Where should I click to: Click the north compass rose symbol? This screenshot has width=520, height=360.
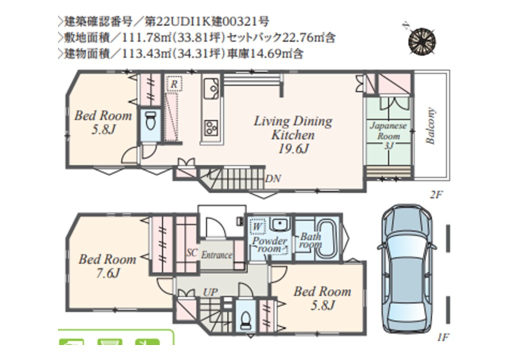(422, 41)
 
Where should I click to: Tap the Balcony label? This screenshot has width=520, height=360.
(430, 125)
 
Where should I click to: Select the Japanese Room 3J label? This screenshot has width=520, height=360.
(388, 135)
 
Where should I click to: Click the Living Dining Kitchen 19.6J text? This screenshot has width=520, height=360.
(293, 134)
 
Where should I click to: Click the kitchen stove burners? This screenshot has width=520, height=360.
(211, 127)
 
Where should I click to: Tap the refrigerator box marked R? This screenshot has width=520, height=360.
(174, 84)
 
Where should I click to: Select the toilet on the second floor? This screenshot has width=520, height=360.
(150, 122)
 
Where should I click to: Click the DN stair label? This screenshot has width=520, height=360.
(273, 178)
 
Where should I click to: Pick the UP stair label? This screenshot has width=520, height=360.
(210, 292)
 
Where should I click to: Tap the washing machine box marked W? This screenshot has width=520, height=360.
(257, 226)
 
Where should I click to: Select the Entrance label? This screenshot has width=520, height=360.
(216, 255)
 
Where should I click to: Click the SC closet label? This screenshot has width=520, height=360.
(191, 253)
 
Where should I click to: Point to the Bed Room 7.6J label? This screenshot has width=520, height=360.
(107, 266)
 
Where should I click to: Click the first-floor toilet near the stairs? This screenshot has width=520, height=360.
(245, 318)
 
